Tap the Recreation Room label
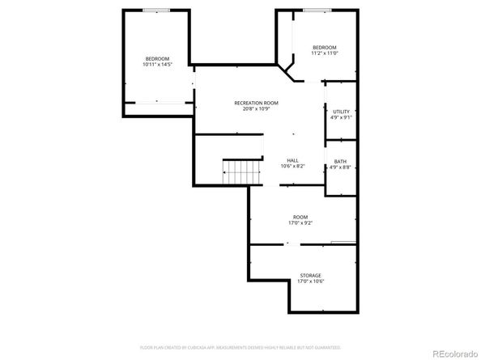click(256, 103)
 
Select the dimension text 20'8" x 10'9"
click(256, 108)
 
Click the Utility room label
click(340, 111)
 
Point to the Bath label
click(340, 162)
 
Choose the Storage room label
click(311, 276)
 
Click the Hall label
click(292, 161)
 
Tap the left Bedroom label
click(157, 58)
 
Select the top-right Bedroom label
click(324, 48)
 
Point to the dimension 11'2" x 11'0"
click(324, 53)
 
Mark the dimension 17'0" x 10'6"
click(311, 282)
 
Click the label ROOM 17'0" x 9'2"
click(300, 220)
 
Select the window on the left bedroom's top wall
click(156, 10)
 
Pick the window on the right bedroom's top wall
click(317, 10)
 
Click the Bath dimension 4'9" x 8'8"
click(340, 167)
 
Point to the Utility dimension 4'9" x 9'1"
click(340, 116)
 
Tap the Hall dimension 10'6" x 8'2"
click(292, 167)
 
